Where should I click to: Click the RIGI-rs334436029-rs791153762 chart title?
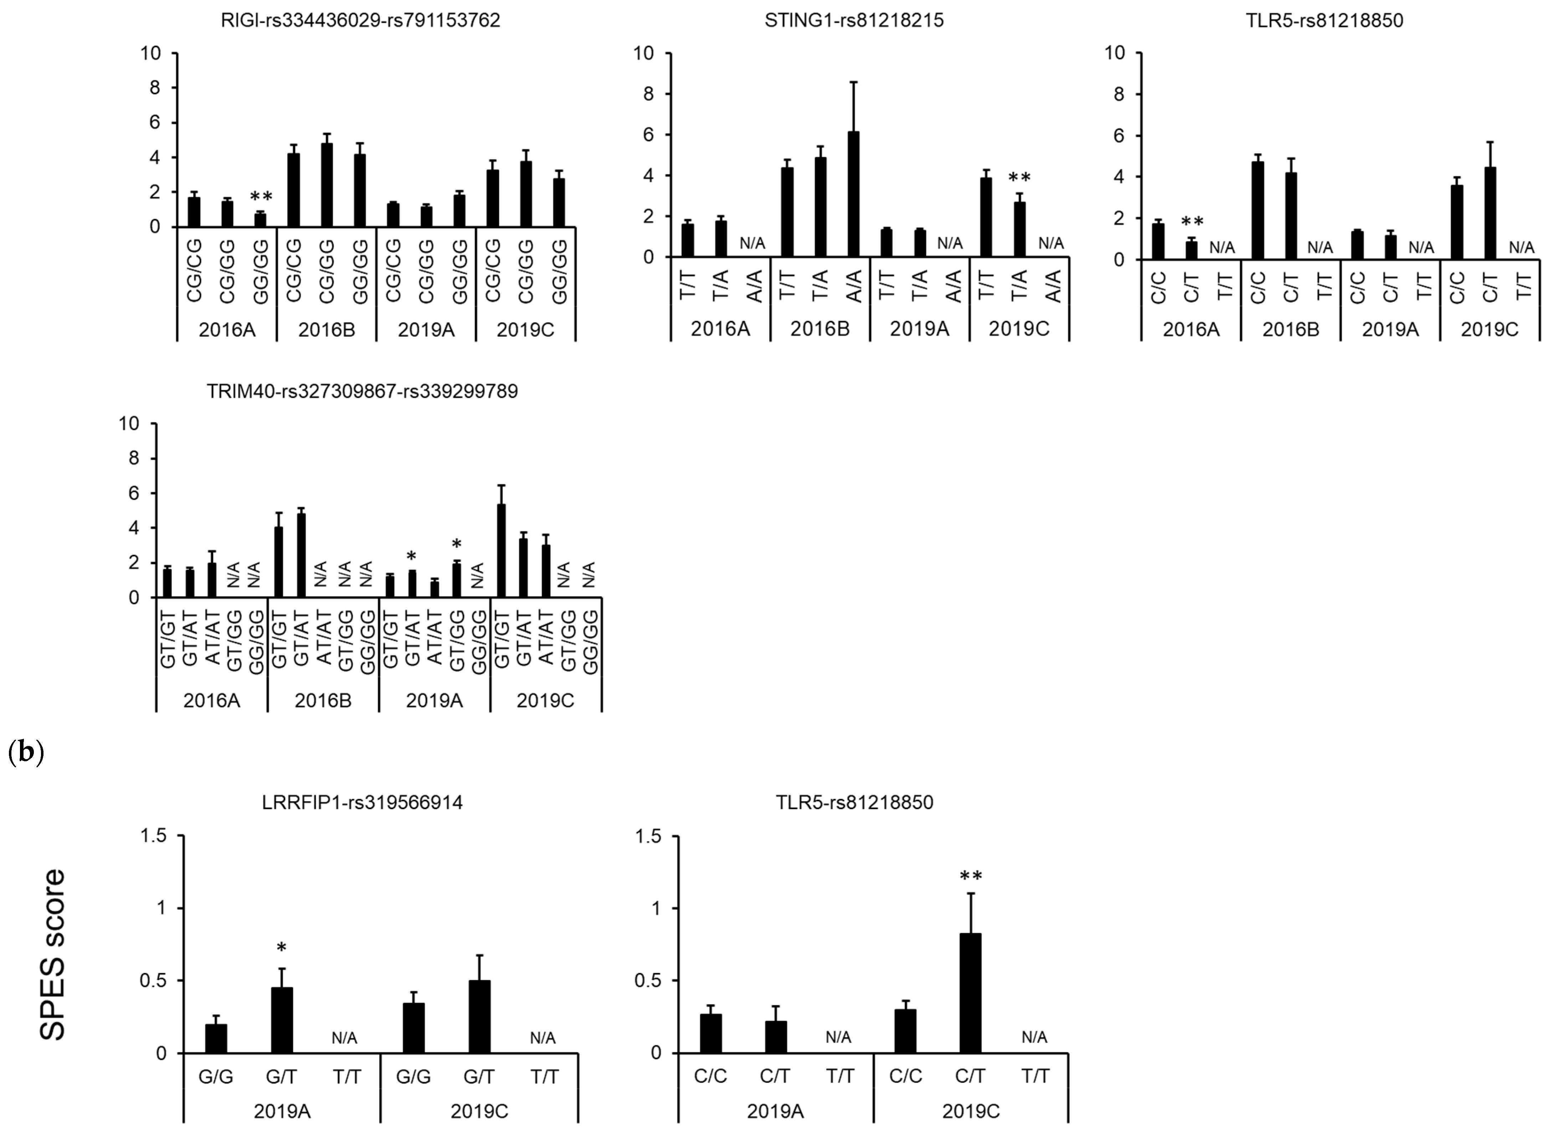pos(360,21)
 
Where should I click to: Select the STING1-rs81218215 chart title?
pos(854,21)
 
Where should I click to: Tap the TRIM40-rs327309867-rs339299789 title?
pos(362,392)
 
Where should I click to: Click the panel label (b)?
pos(25,752)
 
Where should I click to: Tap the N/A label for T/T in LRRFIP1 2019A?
pos(344,1038)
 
